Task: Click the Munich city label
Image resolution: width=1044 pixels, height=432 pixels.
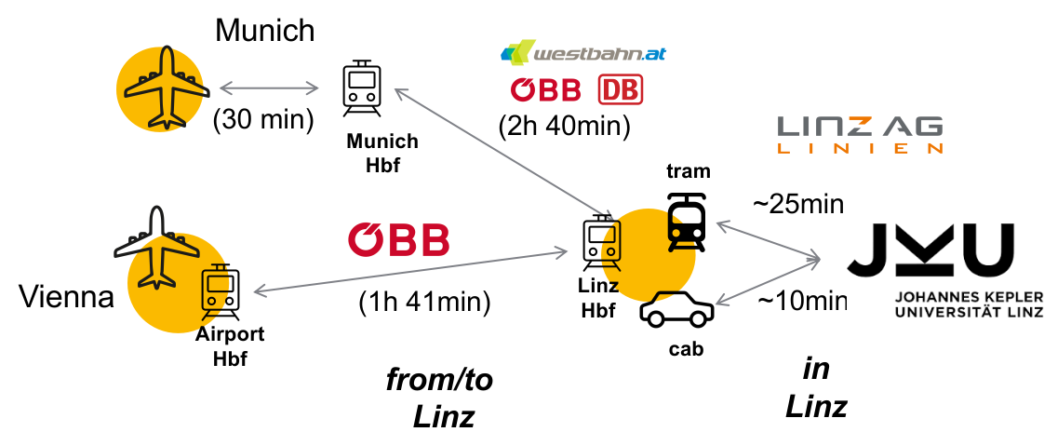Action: [265, 31]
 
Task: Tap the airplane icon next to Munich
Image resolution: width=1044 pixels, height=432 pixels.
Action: [165, 88]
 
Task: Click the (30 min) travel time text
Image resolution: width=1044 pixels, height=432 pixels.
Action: [263, 120]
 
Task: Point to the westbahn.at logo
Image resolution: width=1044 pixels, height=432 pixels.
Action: [582, 53]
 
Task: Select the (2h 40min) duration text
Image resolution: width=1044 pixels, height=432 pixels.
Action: [565, 124]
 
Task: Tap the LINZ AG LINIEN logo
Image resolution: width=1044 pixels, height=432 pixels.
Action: [859, 134]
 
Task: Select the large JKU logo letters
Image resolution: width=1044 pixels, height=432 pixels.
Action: [930, 251]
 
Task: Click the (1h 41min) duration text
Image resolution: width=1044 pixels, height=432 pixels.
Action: [424, 303]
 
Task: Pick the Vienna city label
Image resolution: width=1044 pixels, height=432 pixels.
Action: [66, 298]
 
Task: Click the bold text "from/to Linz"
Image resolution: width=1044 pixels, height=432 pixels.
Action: [441, 397]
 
